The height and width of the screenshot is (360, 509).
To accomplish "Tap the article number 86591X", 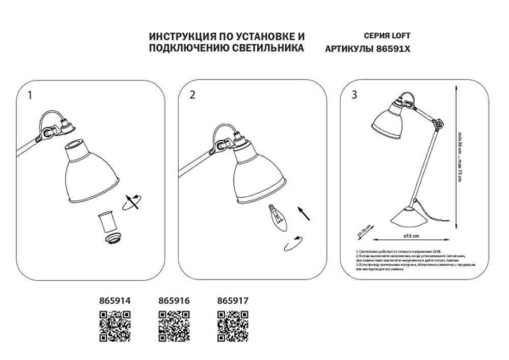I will [404, 50].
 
